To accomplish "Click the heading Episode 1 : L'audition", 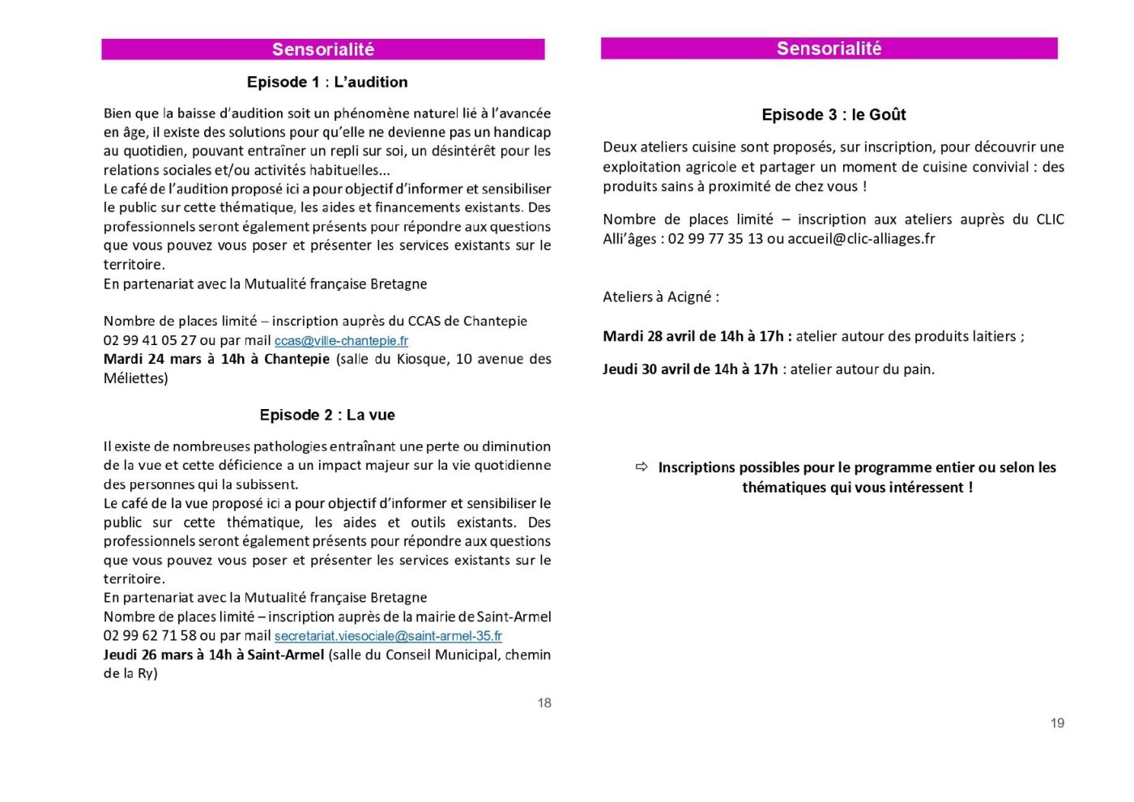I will (327, 82).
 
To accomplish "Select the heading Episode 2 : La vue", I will (327, 415).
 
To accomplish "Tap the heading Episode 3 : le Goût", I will (833, 115).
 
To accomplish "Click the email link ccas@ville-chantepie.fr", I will (341, 341).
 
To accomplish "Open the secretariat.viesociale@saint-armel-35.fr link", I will (388, 636).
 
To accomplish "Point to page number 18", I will (544, 703).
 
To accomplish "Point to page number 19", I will (1057, 723).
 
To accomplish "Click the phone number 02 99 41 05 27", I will (150, 341).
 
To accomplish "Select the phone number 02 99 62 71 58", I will (150, 636).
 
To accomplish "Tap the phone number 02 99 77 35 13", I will (715, 239).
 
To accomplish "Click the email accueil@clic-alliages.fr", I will (861, 239).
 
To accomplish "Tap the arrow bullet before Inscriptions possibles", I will (642, 467).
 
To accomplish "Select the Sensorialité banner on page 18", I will (323, 49).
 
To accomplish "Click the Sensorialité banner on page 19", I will (829, 49).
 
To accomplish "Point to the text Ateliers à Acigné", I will (660, 296).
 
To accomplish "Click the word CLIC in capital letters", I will (1050, 220).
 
